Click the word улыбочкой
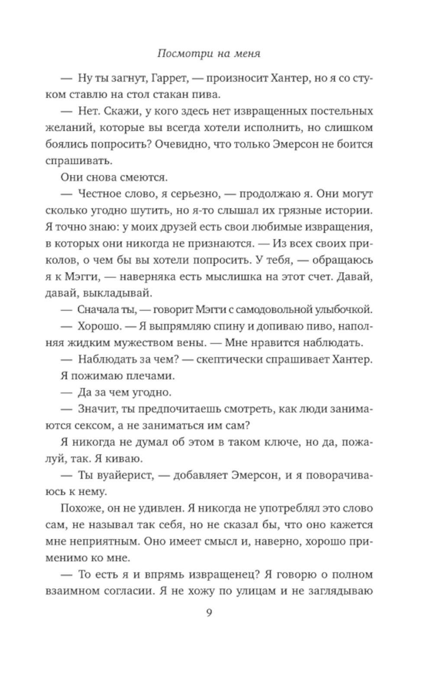[x=342, y=310]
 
